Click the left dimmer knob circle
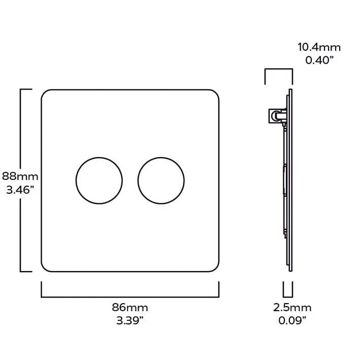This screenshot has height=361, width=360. click(99, 181)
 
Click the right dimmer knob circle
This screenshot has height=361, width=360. click(161, 181)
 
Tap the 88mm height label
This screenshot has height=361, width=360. click(20, 176)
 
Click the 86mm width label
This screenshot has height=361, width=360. click(130, 308)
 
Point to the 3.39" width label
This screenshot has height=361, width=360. click(130, 320)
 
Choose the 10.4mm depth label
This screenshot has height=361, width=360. click(319, 48)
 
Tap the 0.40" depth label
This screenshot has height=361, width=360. click(319, 61)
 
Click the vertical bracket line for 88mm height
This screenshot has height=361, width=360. click(21, 132)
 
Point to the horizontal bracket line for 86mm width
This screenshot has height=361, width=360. click(130, 296)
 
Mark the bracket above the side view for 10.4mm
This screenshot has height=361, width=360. click(278, 71)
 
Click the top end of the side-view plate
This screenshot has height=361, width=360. click(290, 91)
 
